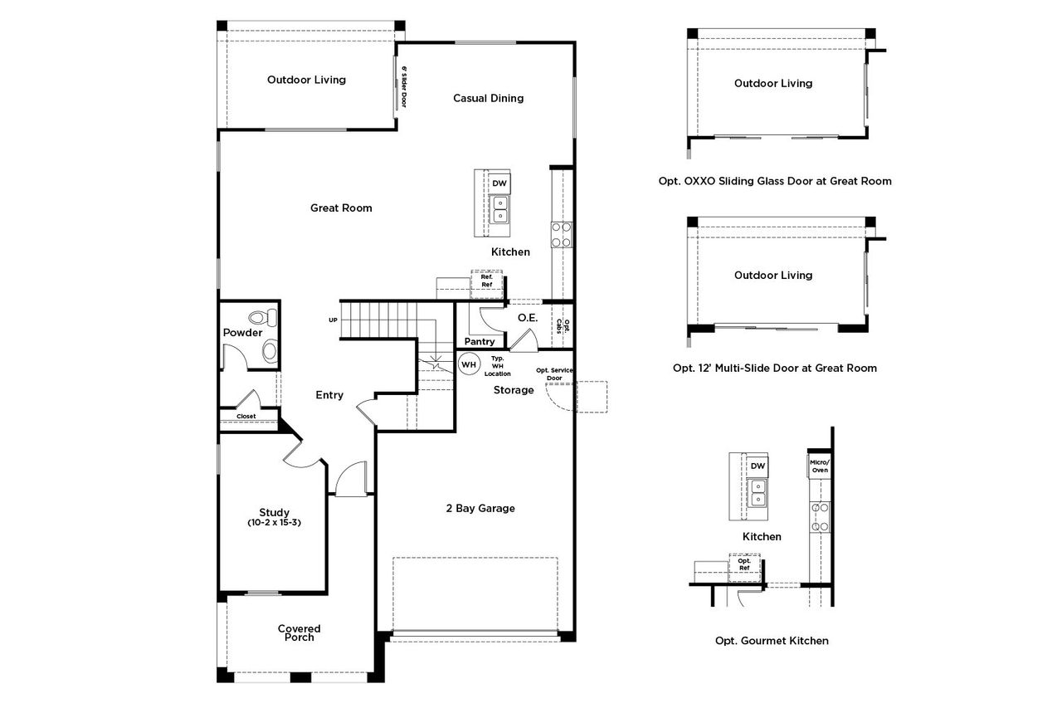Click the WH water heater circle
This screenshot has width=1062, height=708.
(469, 364)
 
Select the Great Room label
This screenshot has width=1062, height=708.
(341, 208)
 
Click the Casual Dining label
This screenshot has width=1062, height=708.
(488, 98)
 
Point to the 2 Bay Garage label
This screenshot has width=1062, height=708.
(480, 508)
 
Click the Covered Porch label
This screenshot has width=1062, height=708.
(299, 632)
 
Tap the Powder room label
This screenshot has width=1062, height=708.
(242, 333)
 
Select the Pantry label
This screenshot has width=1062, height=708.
(480, 341)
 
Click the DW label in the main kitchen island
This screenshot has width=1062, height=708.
(499, 183)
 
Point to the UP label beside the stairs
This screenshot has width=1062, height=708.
(333, 320)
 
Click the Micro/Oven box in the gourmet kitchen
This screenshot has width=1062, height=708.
(819, 466)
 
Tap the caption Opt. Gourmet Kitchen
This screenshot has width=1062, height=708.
(772, 641)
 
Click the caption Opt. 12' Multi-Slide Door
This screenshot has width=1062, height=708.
(774, 368)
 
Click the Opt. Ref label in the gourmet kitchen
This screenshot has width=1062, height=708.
(744, 564)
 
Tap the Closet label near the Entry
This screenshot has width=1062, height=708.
(246, 417)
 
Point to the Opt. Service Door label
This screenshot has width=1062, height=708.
(555, 374)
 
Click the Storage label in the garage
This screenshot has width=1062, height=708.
(514, 390)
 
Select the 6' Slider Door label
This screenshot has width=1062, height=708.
(404, 87)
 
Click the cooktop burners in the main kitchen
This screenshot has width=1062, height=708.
(562, 235)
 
